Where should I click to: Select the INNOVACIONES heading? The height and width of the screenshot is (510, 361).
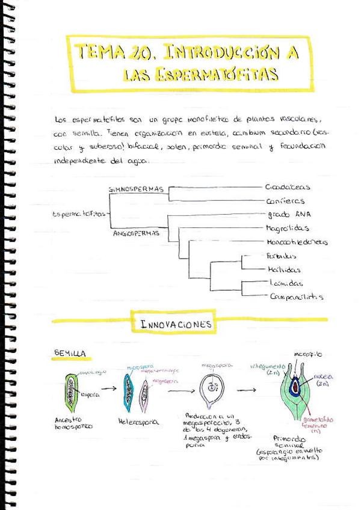point(176,324)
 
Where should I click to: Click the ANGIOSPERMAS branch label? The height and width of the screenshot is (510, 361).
point(136,233)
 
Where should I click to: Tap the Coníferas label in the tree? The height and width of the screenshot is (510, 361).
point(285,201)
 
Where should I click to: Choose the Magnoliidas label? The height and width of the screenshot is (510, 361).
point(288,229)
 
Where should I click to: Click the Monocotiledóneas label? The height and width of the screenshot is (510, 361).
point(297,242)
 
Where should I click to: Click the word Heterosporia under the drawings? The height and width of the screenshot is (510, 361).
point(138,422)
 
